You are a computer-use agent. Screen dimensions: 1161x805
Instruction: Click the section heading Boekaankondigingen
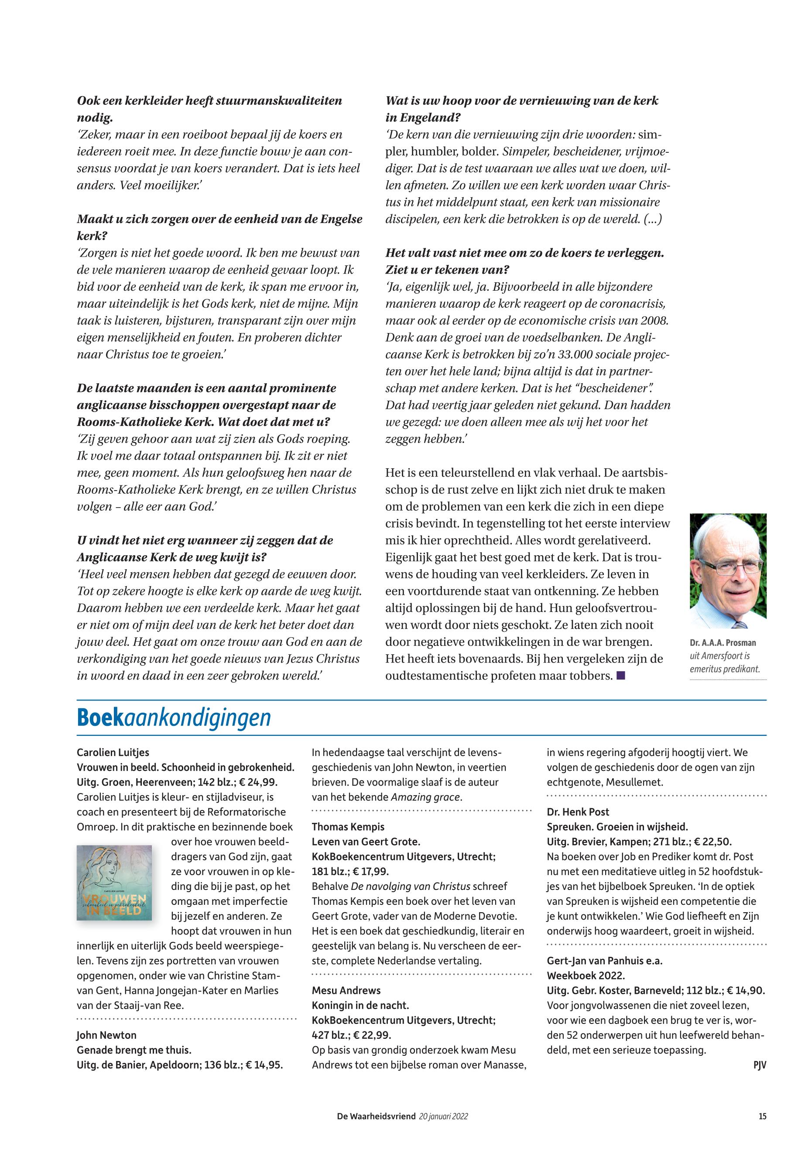[174, 718]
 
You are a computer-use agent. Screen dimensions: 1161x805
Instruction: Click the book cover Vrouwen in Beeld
[114, 882]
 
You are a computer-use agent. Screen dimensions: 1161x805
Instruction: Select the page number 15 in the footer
[762, 1116]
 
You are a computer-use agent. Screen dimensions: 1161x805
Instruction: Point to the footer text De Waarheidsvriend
[376, 1116]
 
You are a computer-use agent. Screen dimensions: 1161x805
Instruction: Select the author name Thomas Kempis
[348, 827]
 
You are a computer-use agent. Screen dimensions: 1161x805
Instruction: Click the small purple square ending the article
[621, 675]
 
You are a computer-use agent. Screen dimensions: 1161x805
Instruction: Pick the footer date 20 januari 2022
[443, 1116]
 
